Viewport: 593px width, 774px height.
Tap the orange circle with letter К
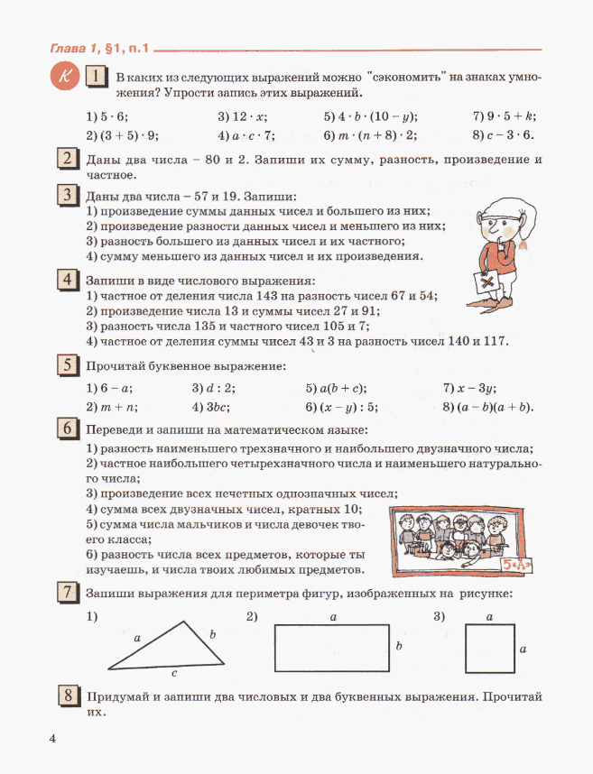pyautogui.click(x=63, y=78)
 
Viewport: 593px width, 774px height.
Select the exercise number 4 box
pyautogui.click(x=68, y=281)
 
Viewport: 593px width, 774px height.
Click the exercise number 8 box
pyautogui.click(x=68, y=696)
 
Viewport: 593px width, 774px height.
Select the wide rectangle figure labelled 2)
pyautogui.click(x=332, y=648)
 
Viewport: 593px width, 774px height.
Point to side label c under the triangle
pyautogui.click(x=173, y=673)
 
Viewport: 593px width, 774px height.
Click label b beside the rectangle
pyautogui.click(x=398, y=647)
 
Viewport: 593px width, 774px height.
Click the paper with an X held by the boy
pyautogui.click(x=490, y=282)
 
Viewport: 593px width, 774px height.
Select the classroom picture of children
pyautogui.click(x=449, y=541)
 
